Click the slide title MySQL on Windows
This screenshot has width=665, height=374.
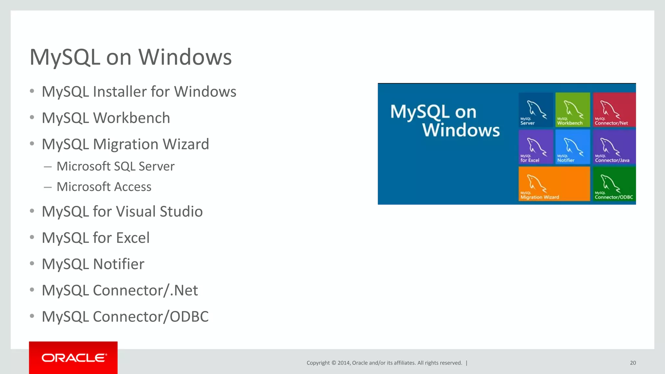click(x=131, y=57)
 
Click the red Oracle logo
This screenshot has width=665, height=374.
click(x=73, y=358)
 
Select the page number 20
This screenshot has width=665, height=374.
click(x=633, y=363)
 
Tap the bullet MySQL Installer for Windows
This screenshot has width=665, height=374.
click(x=139, y=92)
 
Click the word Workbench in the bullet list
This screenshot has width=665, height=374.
click(x=132, y=118)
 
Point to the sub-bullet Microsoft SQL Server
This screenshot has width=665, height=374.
click(x=115, y=166)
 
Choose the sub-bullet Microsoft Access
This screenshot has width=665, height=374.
click(x=104, y=187)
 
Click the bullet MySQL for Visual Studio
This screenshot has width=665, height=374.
click(x=122, y=211)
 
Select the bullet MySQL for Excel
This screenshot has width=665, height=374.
click(x=96, y=238)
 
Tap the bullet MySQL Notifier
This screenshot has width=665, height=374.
click(x=93, y=264)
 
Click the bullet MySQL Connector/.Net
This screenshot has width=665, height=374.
click(x=120, y=290)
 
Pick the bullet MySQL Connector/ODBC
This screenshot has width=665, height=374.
click(x=125, y=317)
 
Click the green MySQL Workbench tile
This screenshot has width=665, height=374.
click(x=572, y=109)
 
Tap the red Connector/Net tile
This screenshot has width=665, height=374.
click(x=614, y=109)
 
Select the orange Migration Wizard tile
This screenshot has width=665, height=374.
click(x=554, y=184)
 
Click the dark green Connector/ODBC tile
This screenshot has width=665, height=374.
click(x=614, y=184)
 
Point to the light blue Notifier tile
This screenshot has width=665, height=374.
click(x=572, y=147)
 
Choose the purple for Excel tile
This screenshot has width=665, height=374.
click(x=535, y=147)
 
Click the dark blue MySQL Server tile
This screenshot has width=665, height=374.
click(x=535, y=109)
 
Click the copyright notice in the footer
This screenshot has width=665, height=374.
click(x=384, y=363)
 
